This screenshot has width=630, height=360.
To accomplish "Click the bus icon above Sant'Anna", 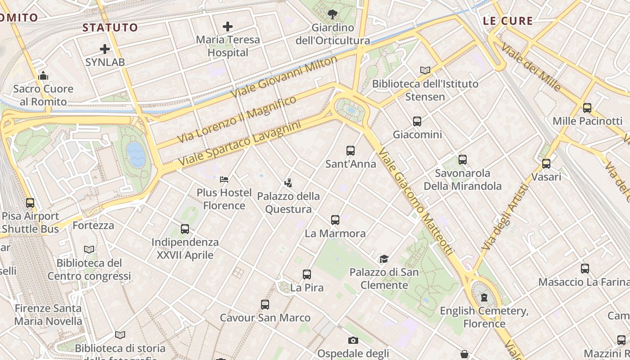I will coord(351,151).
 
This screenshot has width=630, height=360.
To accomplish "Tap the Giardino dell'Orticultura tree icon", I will coord(333,14).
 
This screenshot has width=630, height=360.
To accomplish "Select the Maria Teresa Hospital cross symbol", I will coord(228,27).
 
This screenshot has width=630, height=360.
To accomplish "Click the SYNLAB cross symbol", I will coord(105,49).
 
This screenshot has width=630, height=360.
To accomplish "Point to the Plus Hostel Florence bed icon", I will coord(224,180).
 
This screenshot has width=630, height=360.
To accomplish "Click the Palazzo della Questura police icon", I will coord(288,183).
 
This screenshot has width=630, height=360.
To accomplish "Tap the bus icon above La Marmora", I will coord(335,220).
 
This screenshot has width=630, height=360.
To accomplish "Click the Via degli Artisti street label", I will coord(504,217).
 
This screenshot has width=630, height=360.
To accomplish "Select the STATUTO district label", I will coord(110,27).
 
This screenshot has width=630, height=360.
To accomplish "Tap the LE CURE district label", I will coord(508,21).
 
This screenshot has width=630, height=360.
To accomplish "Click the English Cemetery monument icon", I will coord(484,297).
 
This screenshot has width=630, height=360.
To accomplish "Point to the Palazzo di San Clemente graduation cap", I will coord(384,259).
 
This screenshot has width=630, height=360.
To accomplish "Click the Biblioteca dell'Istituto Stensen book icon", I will coord(425,70).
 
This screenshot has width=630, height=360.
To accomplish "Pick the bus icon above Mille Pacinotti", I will coord(587,108).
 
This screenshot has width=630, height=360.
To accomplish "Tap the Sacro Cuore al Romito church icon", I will coord(43,76).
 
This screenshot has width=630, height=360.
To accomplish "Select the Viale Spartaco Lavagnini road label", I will coord(239,144).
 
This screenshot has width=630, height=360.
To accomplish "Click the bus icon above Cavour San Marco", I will coord(265,305).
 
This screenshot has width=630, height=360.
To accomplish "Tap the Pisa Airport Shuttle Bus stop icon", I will coord(30,203).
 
